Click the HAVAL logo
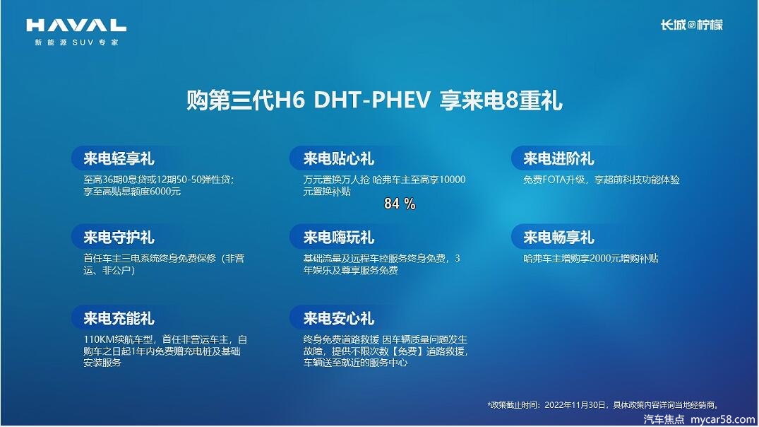(76, 25)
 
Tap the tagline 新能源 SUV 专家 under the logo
(76, 42)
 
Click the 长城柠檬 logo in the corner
(692, 25)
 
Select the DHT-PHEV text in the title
(372, 101)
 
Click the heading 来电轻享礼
(119, 158)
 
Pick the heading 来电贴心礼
(338, 158)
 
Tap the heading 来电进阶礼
(558, 158)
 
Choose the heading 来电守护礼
(119, 238)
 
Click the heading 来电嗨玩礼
(338, 238)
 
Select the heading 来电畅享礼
(558, 238)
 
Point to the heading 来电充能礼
(119, 318)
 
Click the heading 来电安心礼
(338, 318)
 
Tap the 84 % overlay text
(400, 204)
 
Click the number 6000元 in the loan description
(165, 192)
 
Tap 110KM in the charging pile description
(98, 340)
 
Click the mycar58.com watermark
(723, 420)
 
